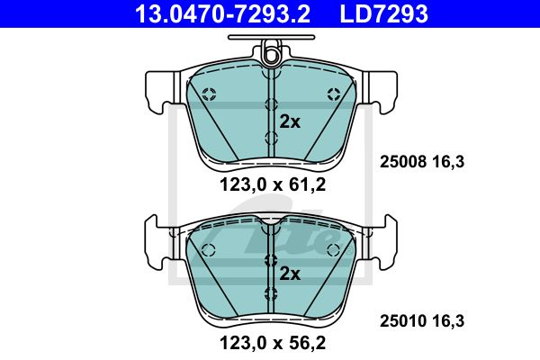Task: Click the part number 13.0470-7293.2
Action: click(x=223, y=13)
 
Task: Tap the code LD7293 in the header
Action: click(x=384, y=13)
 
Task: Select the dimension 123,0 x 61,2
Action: click(x=273, y=185)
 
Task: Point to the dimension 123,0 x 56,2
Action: click(x=273, y=343)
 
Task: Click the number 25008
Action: click(x=403, y=162)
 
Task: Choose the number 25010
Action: click(x=403, y=321)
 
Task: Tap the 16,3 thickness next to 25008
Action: click(x=448, y=162)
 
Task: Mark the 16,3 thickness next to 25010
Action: click(x=448, y=321)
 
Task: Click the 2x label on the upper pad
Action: click(x=290, y=121)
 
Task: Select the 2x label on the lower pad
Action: click(x=290, y=274)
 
